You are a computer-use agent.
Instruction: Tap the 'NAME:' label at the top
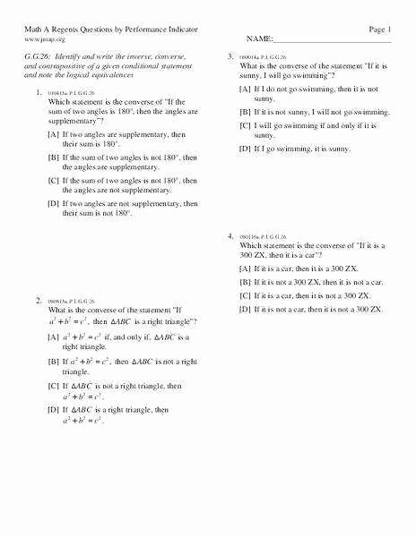point(258,40)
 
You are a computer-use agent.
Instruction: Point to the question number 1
point(38,94)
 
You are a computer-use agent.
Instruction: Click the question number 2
point(38,300)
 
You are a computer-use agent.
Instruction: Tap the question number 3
point(230,56)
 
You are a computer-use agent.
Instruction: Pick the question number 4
point(230,236)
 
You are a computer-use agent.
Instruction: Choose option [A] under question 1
point(54,134)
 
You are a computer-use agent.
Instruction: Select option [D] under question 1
point(54,204)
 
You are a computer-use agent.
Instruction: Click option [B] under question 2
point(54,362)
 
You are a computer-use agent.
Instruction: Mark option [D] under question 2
point(54,409)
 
